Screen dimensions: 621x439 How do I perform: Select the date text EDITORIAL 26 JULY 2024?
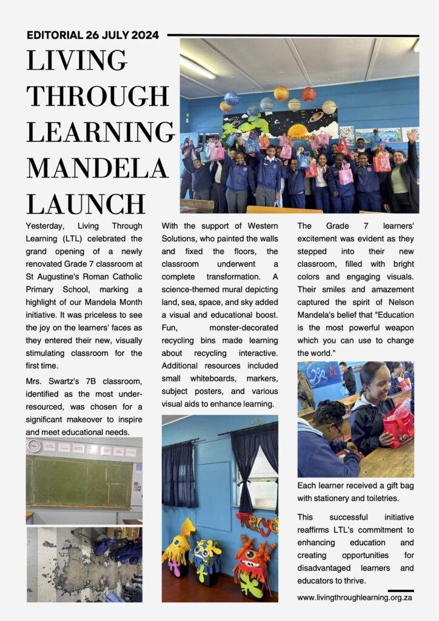coord(93,35)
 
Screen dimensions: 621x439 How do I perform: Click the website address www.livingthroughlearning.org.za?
coord(355,597)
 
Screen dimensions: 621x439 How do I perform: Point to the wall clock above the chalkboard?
coord(34,446)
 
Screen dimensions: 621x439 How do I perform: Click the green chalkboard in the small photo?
coord(79,481)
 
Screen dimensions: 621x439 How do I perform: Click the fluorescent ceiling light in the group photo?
coord(197,67)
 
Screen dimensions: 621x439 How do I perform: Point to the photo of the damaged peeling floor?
coord(84,565)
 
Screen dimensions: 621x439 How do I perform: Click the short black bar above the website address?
coord(401,590)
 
